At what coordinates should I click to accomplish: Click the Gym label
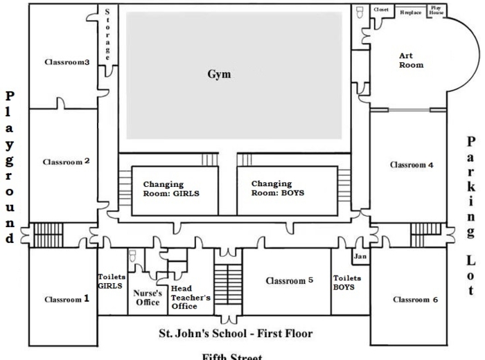pyautogui.click(x=219, y=75)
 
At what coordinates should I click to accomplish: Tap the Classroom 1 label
pyautogui.click(x=67, y=300)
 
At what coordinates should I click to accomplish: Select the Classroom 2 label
pyautogui.click(x=67, y=162)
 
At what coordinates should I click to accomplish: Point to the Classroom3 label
pyautogui.click(x=67, y=62)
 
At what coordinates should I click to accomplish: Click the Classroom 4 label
pyautogui.click(x=412, y=165)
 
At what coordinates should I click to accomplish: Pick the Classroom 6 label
pyautogui.click(x=415, y=300)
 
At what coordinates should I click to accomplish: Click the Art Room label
pyautogui.click(x=411, y=60)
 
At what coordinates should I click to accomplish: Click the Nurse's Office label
pyautogui.click(x=147, y=297)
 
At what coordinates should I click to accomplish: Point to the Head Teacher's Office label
pyautogui.click(x=190, y=298)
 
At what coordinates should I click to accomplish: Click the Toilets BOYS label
pyautogui.click(x=343, y=282)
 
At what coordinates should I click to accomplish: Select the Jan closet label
pyautogui.click(x=360, y=257)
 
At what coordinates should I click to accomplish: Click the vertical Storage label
pyautogui.click(x=109, y=34)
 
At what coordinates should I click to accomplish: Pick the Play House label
pyautogui.click(x=436, y=12)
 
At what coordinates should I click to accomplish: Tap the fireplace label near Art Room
pyautogui.click(x=410, y=12)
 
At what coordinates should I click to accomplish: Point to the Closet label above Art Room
pyautogui.click(x=381, y=10)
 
